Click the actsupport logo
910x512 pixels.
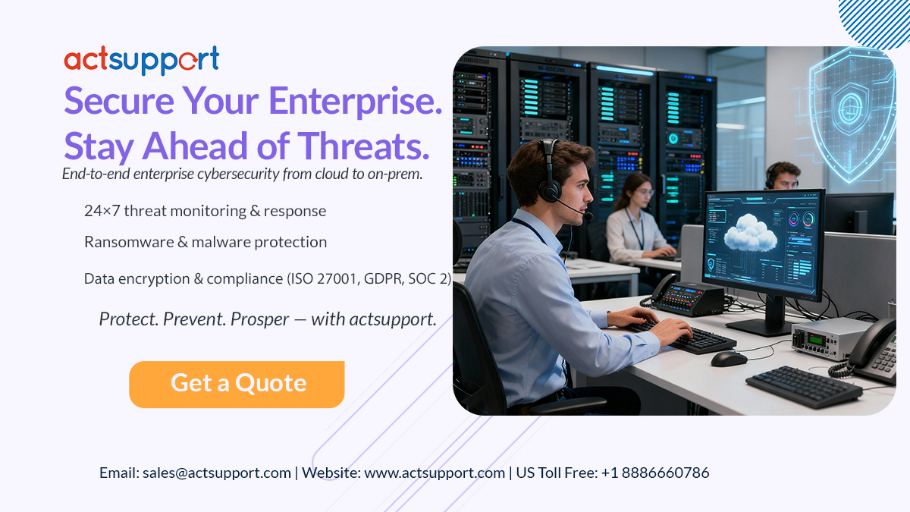tap(142, 61)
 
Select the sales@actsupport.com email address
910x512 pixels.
tap(216, 473)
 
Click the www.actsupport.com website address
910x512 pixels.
tap(435, 473)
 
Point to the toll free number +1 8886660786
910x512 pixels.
tap(655, 473)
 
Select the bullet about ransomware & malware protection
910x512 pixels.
tap(206, 242)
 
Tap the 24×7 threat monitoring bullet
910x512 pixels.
tap(206, 211)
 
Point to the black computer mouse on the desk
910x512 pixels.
tap(728, 358)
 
